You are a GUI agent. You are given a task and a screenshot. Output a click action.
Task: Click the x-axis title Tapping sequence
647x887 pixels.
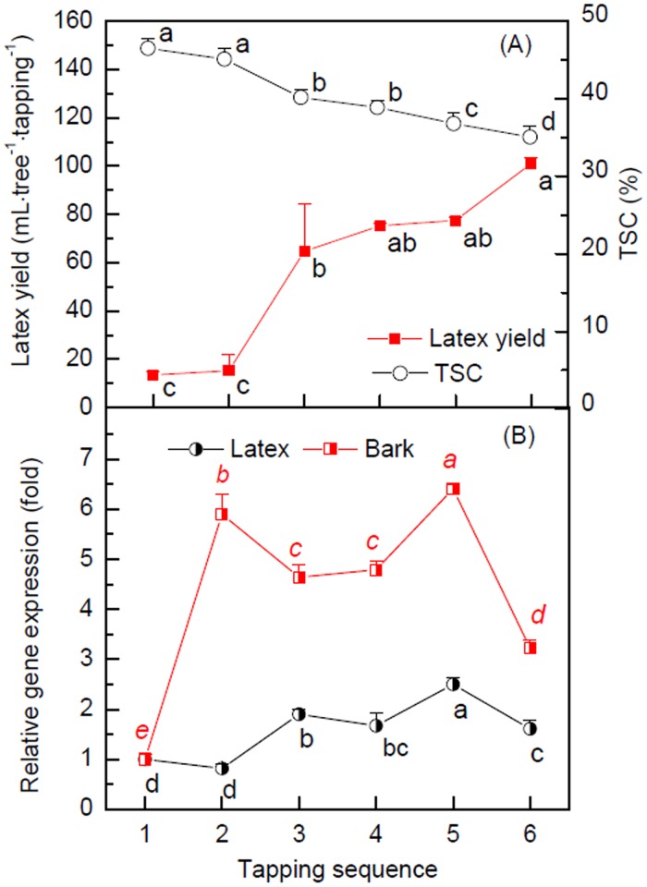click(338, 867)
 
